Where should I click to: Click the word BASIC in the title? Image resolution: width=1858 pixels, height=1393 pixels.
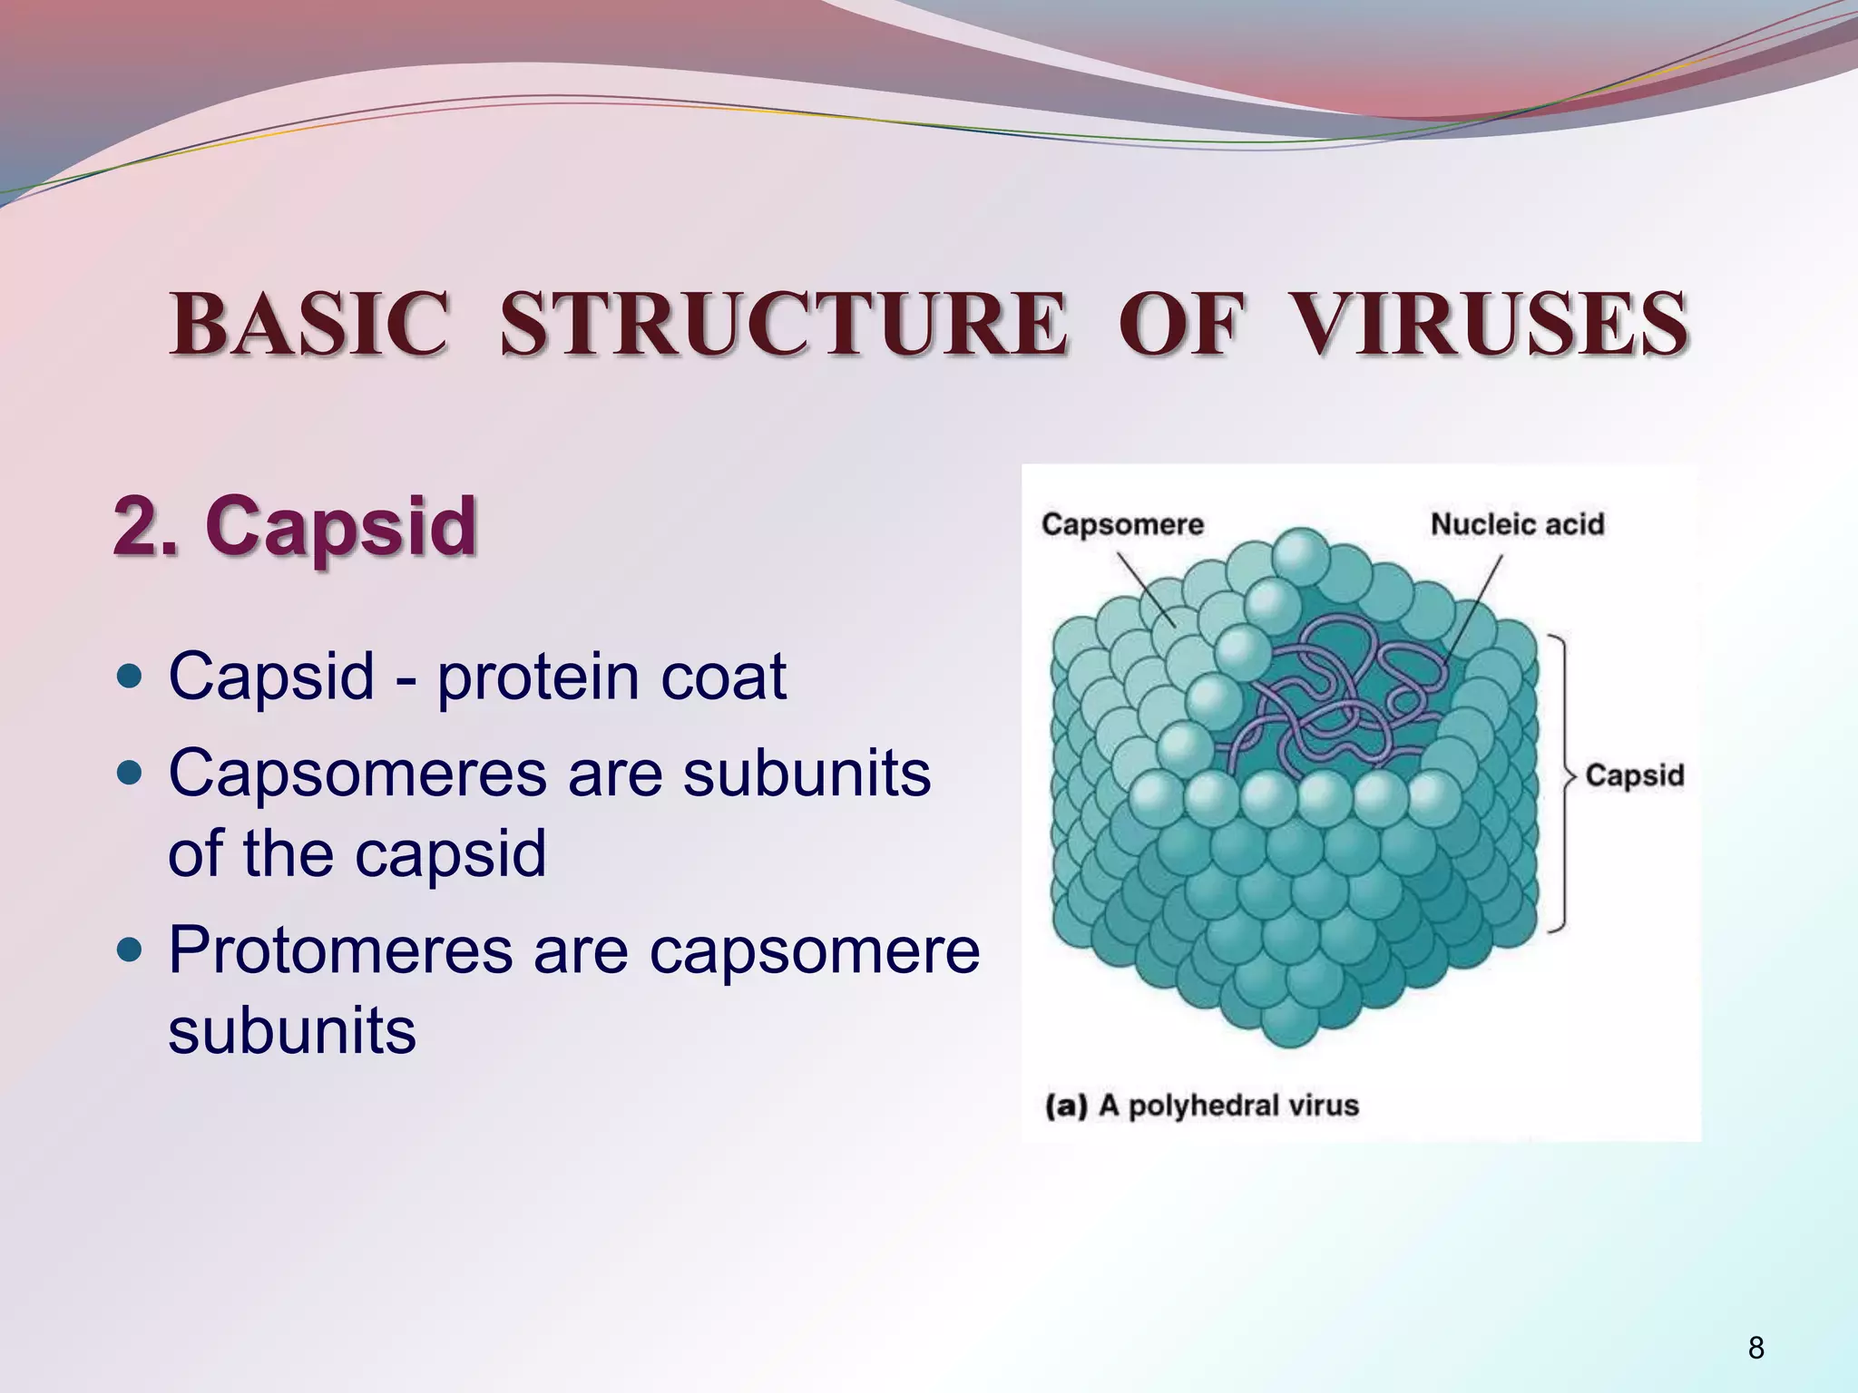click(x=308, y=324)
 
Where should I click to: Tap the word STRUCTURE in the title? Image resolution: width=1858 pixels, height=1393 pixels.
click(x=783, y=324)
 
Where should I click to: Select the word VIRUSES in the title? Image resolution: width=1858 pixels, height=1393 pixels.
click(x=1489, y=324)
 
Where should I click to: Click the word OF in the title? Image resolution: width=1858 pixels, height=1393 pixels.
click(x=1178, y=324)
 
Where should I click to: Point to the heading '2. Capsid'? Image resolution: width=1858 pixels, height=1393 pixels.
click(x=295, y=526)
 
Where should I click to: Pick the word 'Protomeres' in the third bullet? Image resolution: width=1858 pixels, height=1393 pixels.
click(x=340, y=950)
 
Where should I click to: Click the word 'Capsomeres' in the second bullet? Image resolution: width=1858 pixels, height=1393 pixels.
click(x=357, y=774)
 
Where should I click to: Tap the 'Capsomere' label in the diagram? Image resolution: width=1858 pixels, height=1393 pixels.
click(x=1122, y=524)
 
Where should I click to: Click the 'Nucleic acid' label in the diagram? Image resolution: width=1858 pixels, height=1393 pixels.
click(x=1517, y=524)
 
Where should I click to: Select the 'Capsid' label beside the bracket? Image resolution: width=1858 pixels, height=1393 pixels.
click(x=1634, y=775)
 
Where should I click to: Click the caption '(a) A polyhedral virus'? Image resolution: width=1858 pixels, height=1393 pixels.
click(x=1201, y=1106)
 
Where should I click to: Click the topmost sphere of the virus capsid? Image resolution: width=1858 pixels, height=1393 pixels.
click(x=1300, y=556)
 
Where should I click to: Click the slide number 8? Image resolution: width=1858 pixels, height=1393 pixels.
click(x=1755, y=1348)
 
